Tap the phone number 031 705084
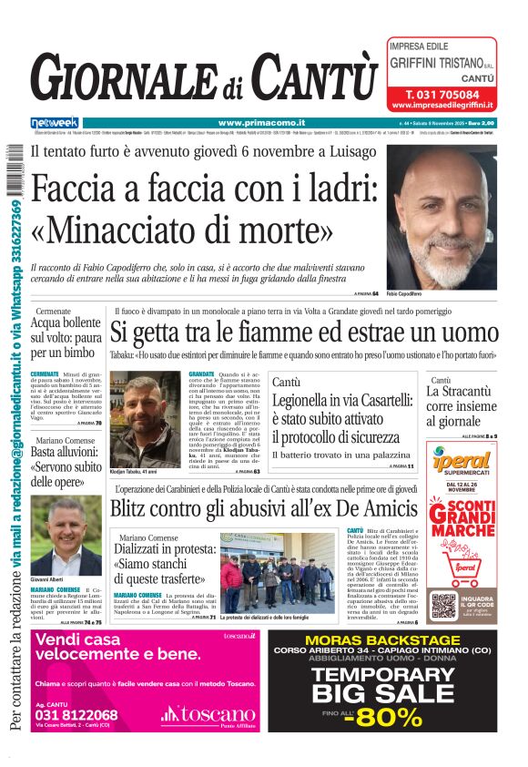click(x=442, y=95)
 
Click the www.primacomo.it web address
click(x=261, y=123)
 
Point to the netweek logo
click(x=55, y=123)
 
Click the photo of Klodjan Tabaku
click(x=145, y=418)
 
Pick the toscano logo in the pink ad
click(x=208, y=715)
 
